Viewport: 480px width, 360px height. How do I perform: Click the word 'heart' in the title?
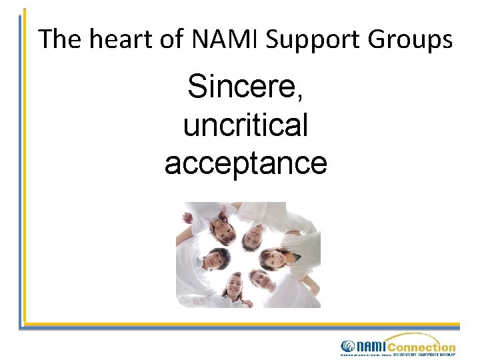(x=122, y=40)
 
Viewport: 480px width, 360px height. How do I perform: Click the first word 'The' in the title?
(x=60, y=40)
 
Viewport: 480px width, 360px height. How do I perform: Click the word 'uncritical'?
(x=246, y=125)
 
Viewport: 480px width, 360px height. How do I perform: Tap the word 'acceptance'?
(x=246, y=163)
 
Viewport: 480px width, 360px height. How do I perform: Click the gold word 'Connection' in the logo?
(x=421, y=347)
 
